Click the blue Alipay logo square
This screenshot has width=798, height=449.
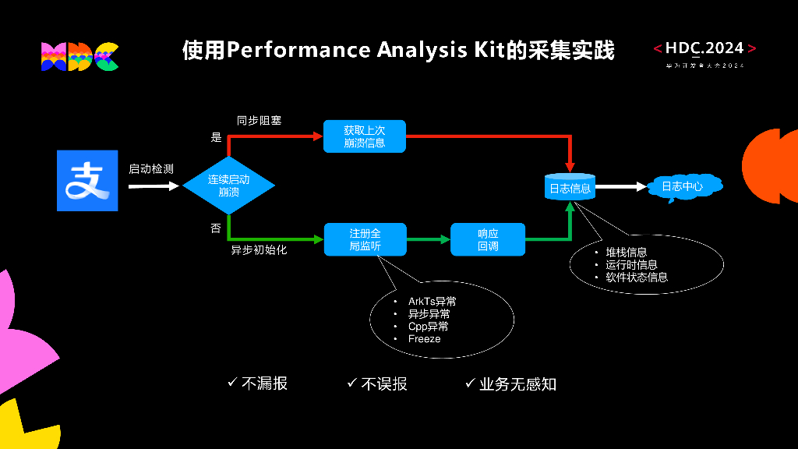(x=87, y=180)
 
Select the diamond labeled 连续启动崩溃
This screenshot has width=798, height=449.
(x=228, y=186)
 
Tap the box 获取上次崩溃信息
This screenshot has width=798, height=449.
(x=364, y=136)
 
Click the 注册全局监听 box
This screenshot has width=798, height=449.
(x=364, y=239)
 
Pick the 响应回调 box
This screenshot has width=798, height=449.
(x=488, y=239)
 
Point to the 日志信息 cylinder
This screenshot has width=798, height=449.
(x=570, y=188)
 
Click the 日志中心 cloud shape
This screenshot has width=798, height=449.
(x=682, y=187)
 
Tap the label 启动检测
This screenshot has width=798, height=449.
(x=151, y=168)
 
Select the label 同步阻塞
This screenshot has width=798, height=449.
(x=259, y=121)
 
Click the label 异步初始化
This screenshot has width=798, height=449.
(x=259, y=250)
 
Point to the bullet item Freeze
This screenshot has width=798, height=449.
(x=424, y=339)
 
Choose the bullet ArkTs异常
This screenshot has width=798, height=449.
(x=432, y=302)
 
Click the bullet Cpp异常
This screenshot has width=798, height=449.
(x=428, y=327)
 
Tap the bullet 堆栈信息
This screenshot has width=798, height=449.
(x=626, y=253)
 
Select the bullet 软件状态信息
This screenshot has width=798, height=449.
(x=636, y=278)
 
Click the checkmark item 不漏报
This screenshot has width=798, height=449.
(x=258, y=384)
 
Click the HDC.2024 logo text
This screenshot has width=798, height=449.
(x=704, y=48)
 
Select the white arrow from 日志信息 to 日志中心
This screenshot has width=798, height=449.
(x=620, y=187)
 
